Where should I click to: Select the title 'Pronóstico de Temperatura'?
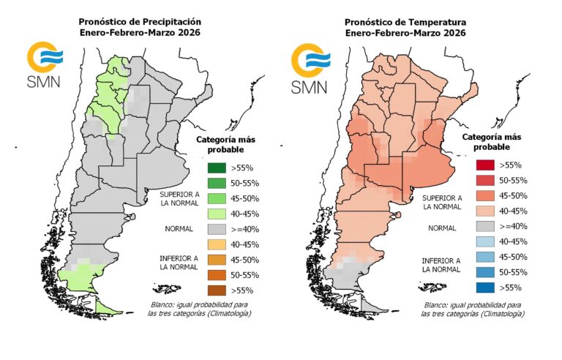click(x=405, y=22)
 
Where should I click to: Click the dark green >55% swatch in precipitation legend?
click(x=214, y=168)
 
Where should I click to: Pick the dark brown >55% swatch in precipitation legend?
click(x=214, y=290)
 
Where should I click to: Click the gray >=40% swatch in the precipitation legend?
click(x=214, y=229)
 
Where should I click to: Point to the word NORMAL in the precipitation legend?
click(x=179, y=229)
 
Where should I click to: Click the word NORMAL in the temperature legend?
click(x=442, y=228)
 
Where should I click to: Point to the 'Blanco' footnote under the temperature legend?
click(x=471, y=308)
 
